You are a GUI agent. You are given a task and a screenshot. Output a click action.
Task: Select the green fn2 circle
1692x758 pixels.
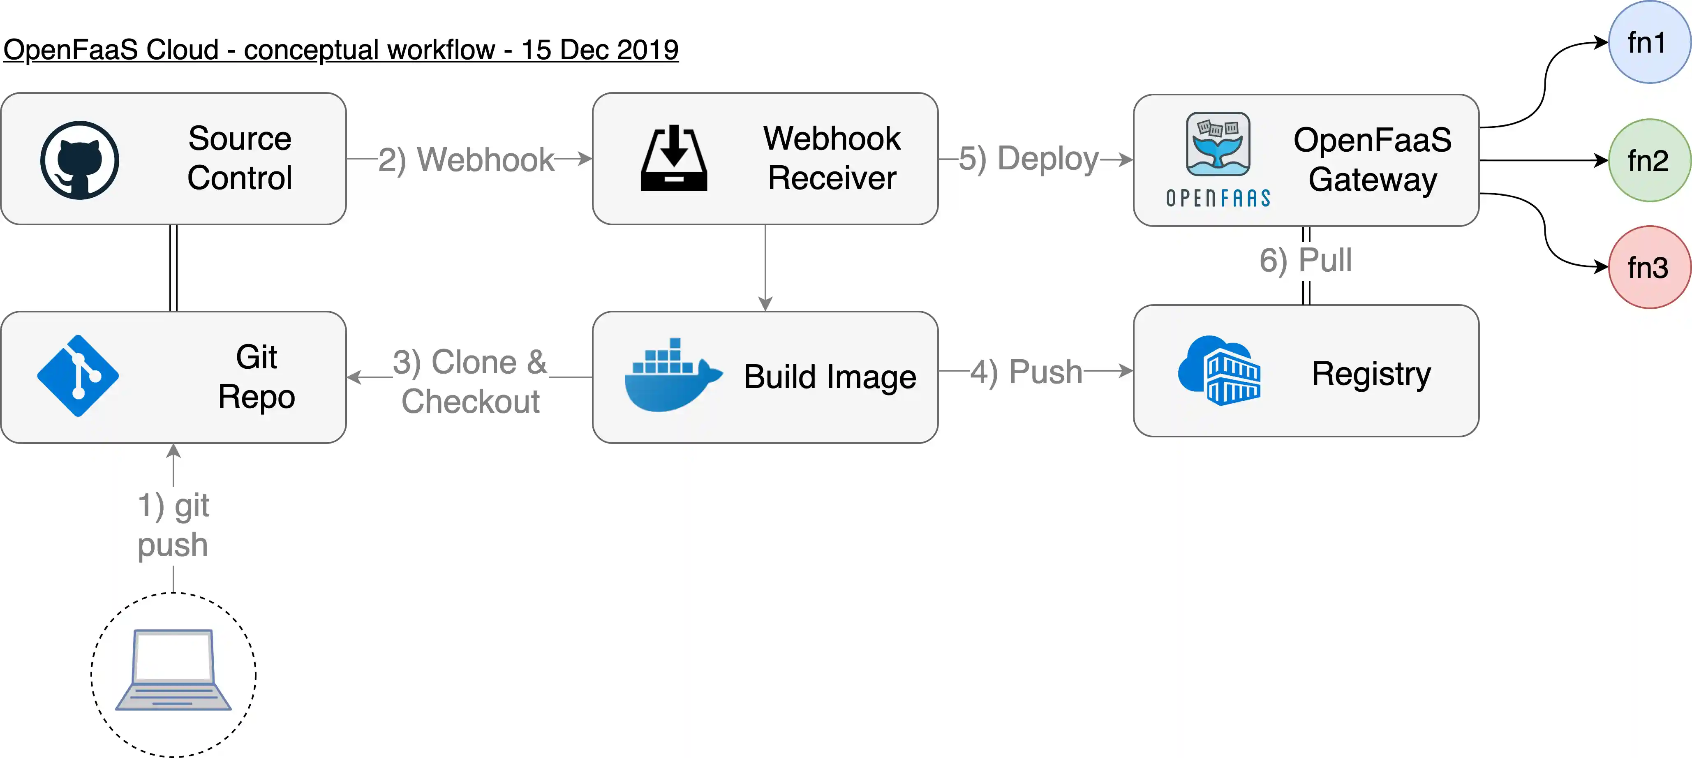1649,160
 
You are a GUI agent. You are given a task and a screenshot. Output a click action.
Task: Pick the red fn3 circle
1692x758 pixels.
1649,267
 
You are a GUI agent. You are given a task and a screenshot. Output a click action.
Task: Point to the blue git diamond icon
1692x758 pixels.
78,376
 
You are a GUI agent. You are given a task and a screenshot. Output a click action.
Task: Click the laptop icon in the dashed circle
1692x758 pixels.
173,670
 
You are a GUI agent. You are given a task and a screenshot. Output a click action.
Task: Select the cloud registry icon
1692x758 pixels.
1219,371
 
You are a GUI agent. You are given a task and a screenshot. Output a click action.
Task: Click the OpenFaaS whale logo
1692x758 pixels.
1218,145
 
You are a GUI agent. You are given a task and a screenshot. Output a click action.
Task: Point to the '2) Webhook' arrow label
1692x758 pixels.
466,159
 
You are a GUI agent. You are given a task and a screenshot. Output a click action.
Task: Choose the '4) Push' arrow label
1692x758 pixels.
1026,372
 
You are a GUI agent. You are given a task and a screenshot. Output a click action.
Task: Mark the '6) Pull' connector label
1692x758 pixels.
1306,260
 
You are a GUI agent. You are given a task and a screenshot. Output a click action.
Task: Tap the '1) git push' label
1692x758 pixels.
173,525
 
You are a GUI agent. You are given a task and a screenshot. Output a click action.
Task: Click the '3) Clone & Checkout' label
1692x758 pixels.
470,381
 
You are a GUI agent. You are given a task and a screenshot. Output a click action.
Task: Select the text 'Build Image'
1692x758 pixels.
830,377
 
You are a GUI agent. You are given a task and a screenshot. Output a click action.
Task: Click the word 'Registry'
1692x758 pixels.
1371,373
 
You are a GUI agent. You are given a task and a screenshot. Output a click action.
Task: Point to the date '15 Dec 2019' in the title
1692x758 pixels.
600,50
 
